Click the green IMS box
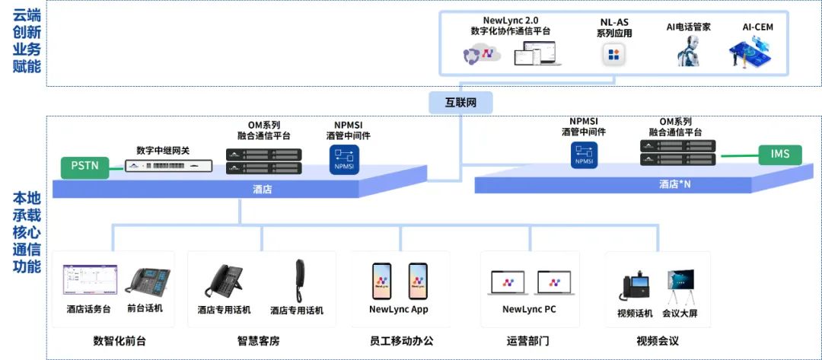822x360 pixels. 779,155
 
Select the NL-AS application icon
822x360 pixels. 613,55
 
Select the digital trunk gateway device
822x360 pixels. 168,165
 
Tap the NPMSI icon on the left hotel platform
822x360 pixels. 340,158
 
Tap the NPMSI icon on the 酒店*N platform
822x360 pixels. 583,155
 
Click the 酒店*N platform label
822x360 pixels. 674,184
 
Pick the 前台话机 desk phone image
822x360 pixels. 147,282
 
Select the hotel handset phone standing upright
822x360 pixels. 299,279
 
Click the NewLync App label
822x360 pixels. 398,309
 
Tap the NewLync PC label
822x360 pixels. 529,309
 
